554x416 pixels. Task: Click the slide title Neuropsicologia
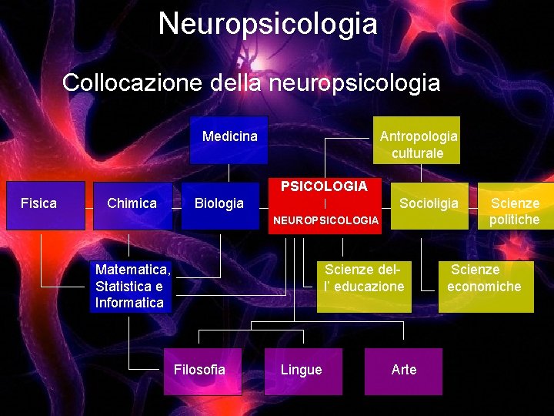point(268,23)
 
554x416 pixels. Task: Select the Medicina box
point(229,139)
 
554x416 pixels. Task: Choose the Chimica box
point(132,205)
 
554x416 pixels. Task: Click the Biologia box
point(219,205)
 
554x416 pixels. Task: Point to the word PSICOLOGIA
point(324,186)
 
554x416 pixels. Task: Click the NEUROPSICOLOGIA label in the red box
point(326,221)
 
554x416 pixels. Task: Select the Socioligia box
point(429,204)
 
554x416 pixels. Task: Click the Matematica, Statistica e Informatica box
point(130,286)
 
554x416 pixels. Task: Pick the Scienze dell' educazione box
point(365,286)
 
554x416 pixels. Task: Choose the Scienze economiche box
point(486,286)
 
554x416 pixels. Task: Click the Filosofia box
point(200,371)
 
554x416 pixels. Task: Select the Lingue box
point(302,371)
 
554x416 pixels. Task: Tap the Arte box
point(404,371)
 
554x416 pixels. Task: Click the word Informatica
point(129,303)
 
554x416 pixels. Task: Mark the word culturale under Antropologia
point(418,153)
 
